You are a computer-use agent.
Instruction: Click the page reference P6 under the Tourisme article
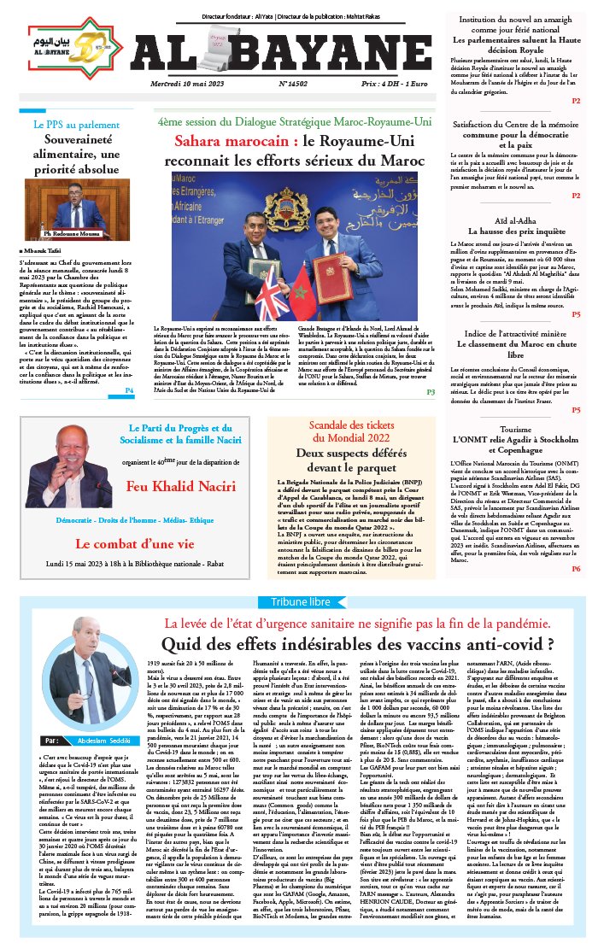tap(576, 568)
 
